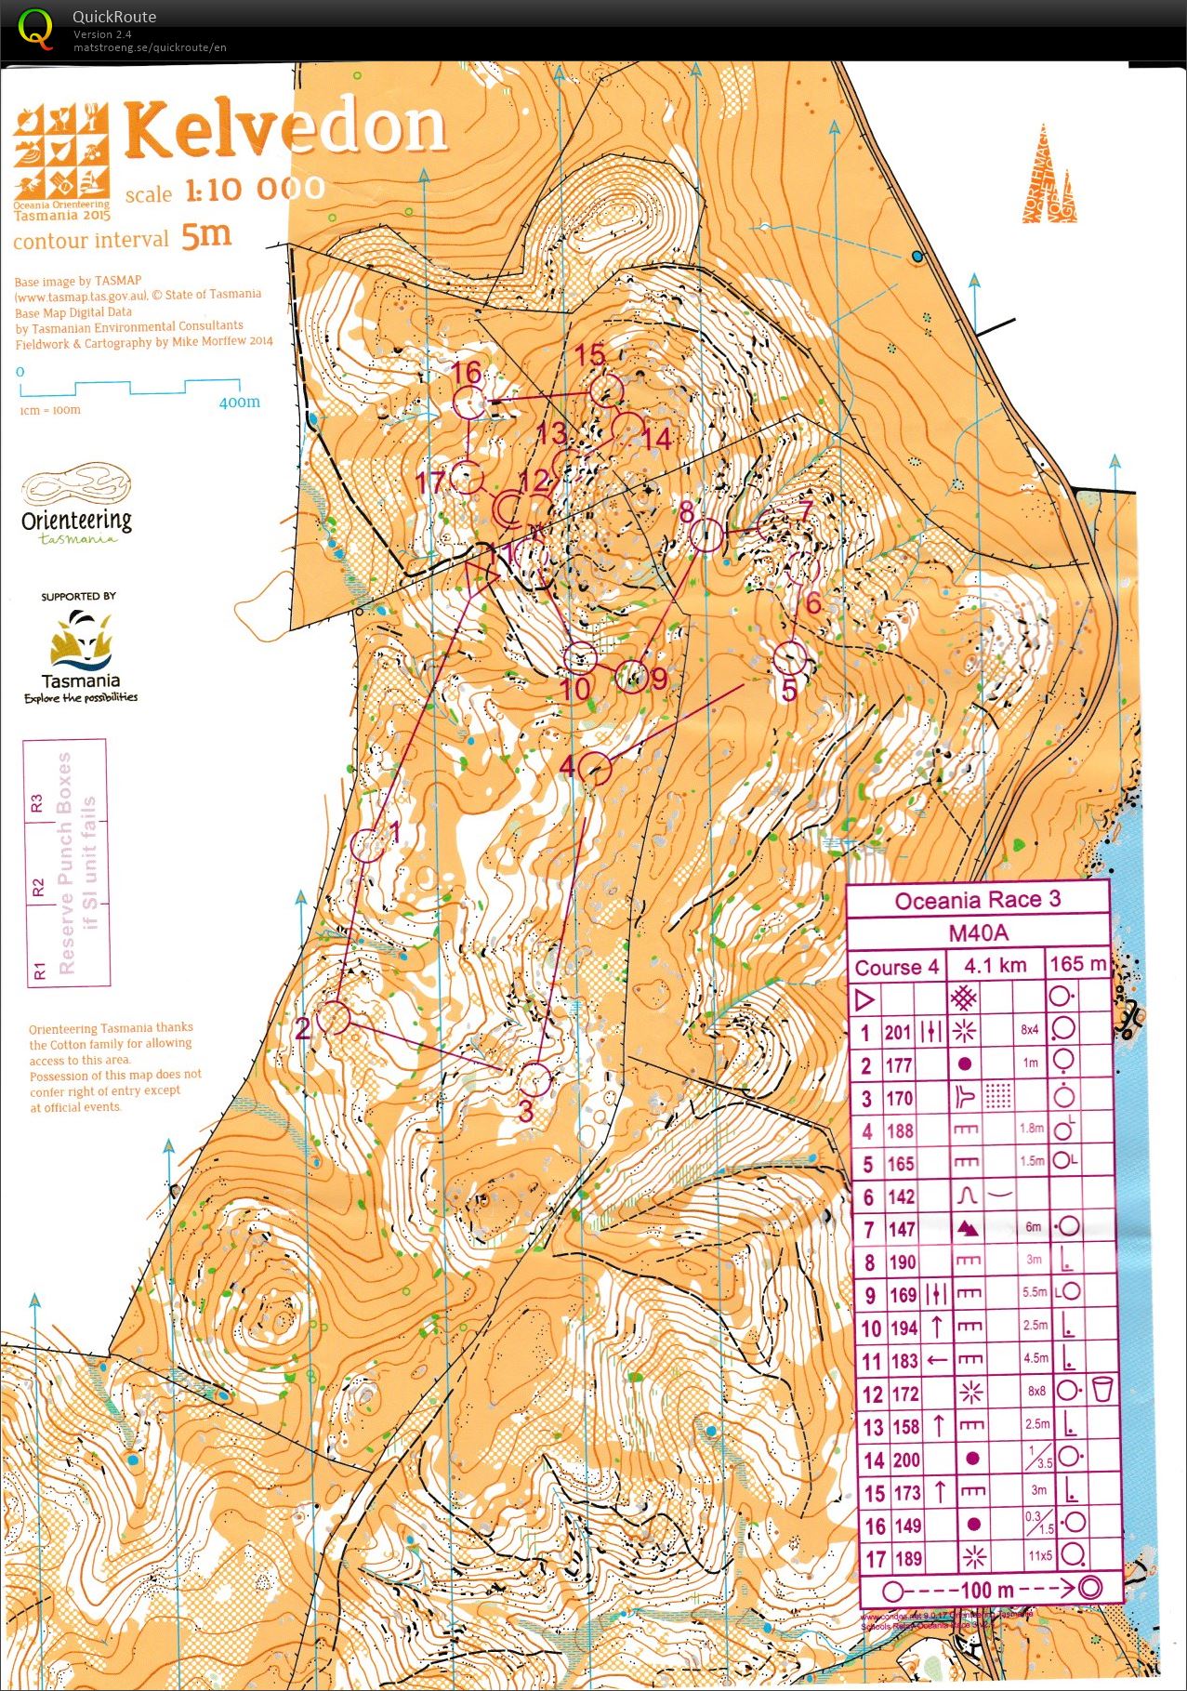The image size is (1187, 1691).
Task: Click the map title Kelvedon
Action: (286, 128)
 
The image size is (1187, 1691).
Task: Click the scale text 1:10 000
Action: (255, 190)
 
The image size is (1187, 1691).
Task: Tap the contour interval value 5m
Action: (205, 235)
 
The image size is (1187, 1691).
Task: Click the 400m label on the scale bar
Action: (239, 403)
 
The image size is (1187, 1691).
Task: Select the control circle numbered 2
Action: (334, 1018)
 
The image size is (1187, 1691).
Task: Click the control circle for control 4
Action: (596, 769)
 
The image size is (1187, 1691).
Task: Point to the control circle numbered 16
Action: (469, 403)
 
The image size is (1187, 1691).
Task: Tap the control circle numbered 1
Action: (368, 845)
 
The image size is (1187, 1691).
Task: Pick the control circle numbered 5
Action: (789, 658)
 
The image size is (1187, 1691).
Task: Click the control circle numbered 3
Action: (534, 1078)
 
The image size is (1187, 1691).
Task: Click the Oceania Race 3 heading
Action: (977, 900)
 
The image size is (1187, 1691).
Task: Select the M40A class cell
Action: (977, 932)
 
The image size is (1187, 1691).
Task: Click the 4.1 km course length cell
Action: (995, 966)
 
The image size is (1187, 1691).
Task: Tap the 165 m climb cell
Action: (1077, 964)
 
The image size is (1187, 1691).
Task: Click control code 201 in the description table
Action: (898, 1032)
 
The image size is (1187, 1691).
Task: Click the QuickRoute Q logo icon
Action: (36, 29)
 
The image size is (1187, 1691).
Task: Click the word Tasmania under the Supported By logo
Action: (81, 680)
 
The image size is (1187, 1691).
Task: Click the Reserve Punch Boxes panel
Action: (65, 862)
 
